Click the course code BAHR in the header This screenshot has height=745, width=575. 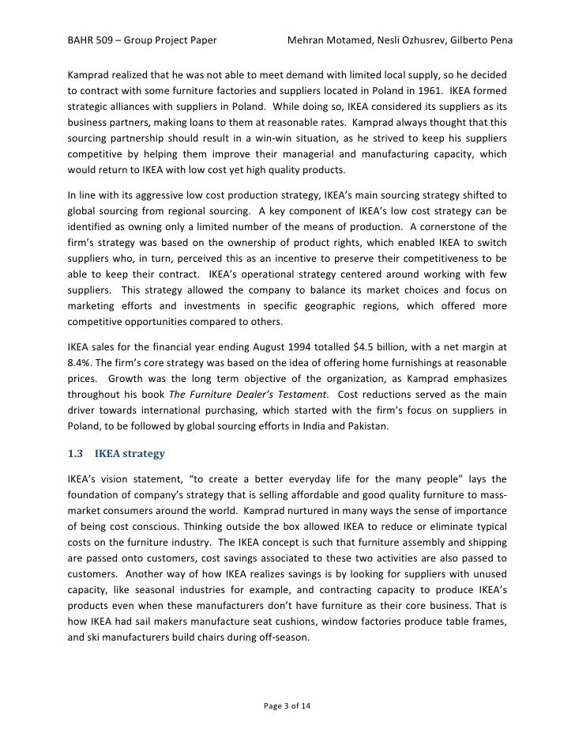tap(81, 40)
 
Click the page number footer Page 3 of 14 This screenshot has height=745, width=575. tap(287, 705)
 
